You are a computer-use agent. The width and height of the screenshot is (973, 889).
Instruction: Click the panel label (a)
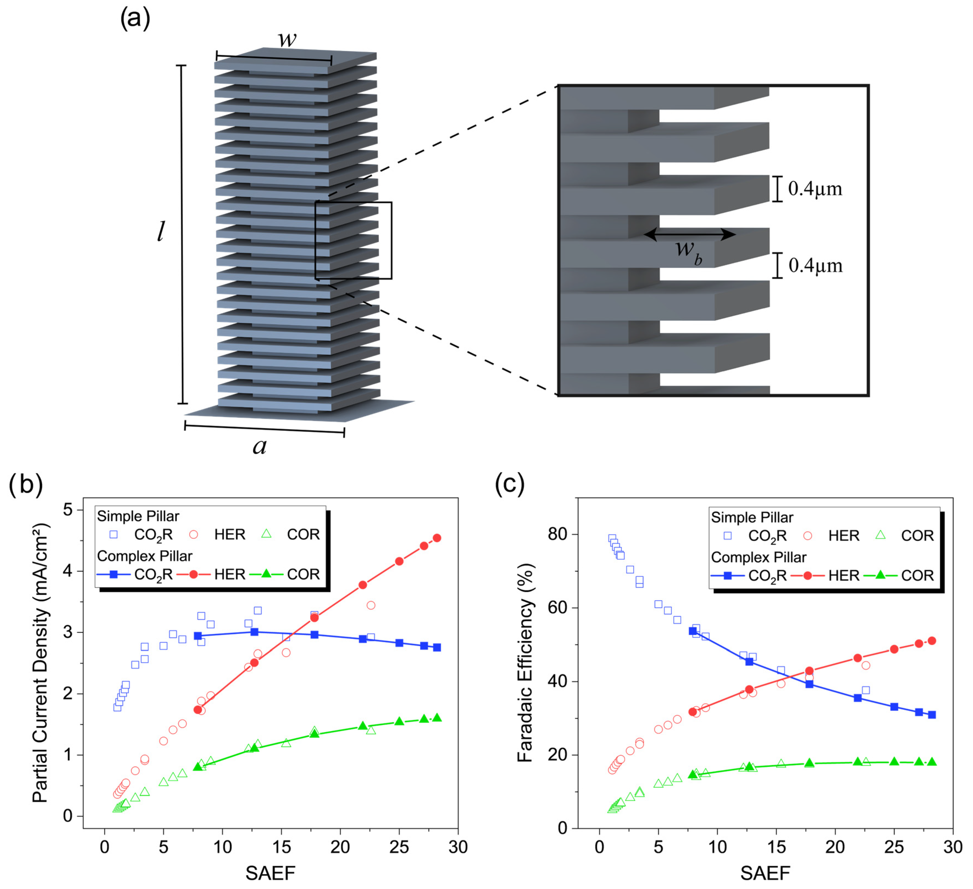point(135,19)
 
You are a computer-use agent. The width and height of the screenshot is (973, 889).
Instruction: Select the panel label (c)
point(510,484)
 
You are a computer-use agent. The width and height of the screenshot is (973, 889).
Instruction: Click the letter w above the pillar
point(287,39)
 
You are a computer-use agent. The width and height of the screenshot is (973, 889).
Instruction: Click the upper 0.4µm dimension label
point(815,189)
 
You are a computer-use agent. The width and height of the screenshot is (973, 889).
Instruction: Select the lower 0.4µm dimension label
point(815,266)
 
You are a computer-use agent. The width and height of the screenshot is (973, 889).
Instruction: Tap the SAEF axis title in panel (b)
point(270,873)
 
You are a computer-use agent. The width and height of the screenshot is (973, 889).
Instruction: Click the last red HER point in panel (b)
point(437,538)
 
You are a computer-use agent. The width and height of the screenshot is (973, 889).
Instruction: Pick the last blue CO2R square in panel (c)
point(932,715)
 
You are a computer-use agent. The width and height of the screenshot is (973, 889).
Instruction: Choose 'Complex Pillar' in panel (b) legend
point(145,556)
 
